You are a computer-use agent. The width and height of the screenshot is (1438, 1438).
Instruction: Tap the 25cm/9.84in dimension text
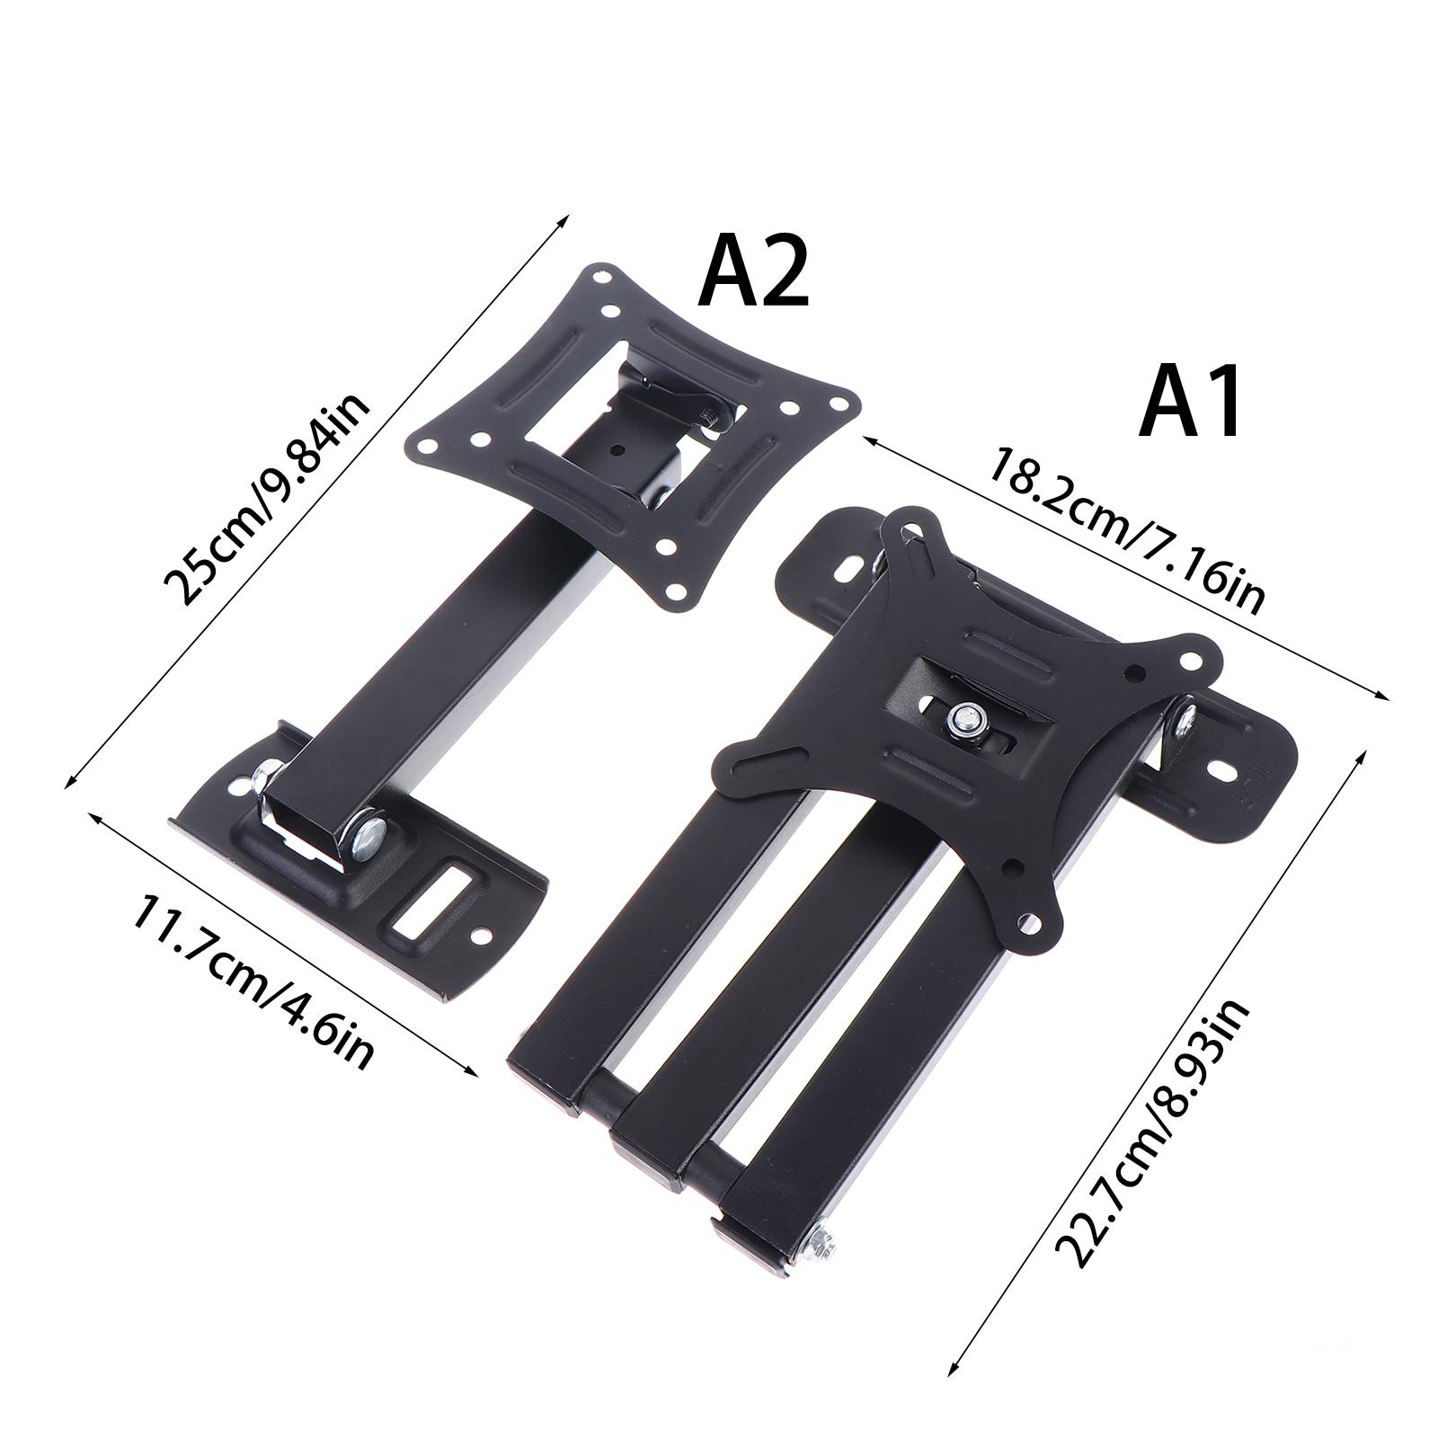tap(267, 500)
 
